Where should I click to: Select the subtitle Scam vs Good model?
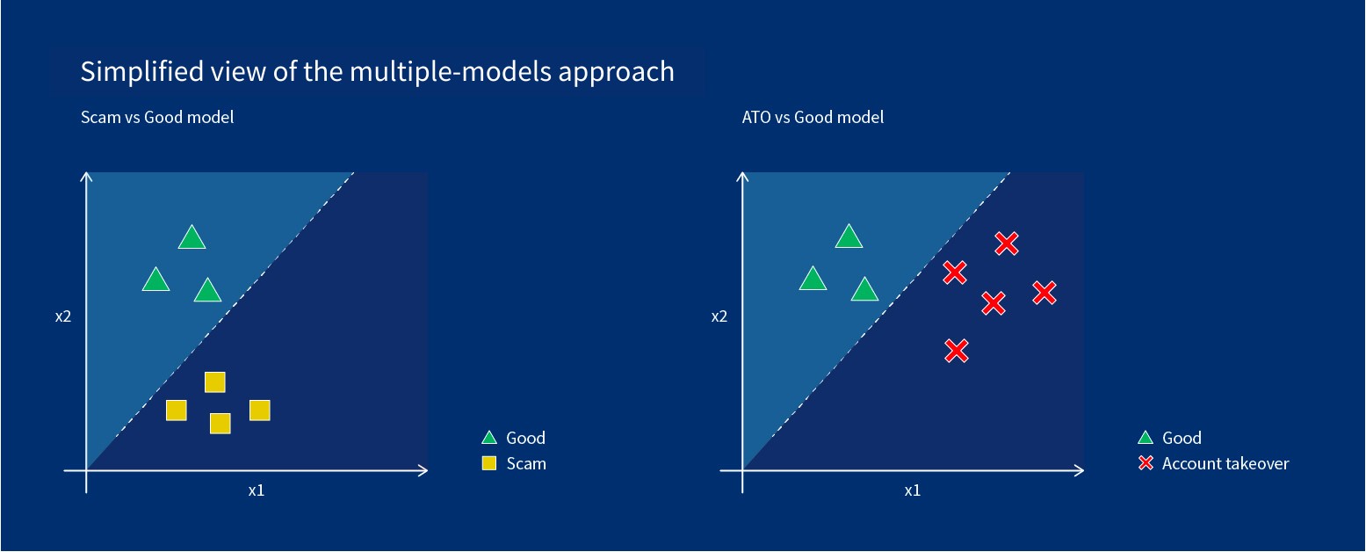(x=157, y=117)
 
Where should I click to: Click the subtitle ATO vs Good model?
(x=813, y=117)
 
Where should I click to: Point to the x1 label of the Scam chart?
(x=256, y=490)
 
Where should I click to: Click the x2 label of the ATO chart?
(x=719, y=316)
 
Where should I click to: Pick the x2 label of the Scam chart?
(x=62, y=316)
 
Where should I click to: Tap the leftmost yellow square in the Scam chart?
(x=177, y=410)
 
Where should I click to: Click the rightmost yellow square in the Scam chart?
(x=259, y=410)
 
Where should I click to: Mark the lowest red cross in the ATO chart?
(x=957, y=351)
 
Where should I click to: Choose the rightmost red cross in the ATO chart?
(x=1044, y=293)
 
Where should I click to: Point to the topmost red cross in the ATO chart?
(x=1007, y=243)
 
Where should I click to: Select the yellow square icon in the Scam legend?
(x=489, y=463)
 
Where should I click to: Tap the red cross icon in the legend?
(x=1146, y=463)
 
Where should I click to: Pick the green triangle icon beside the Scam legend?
(x=489, y=438)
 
